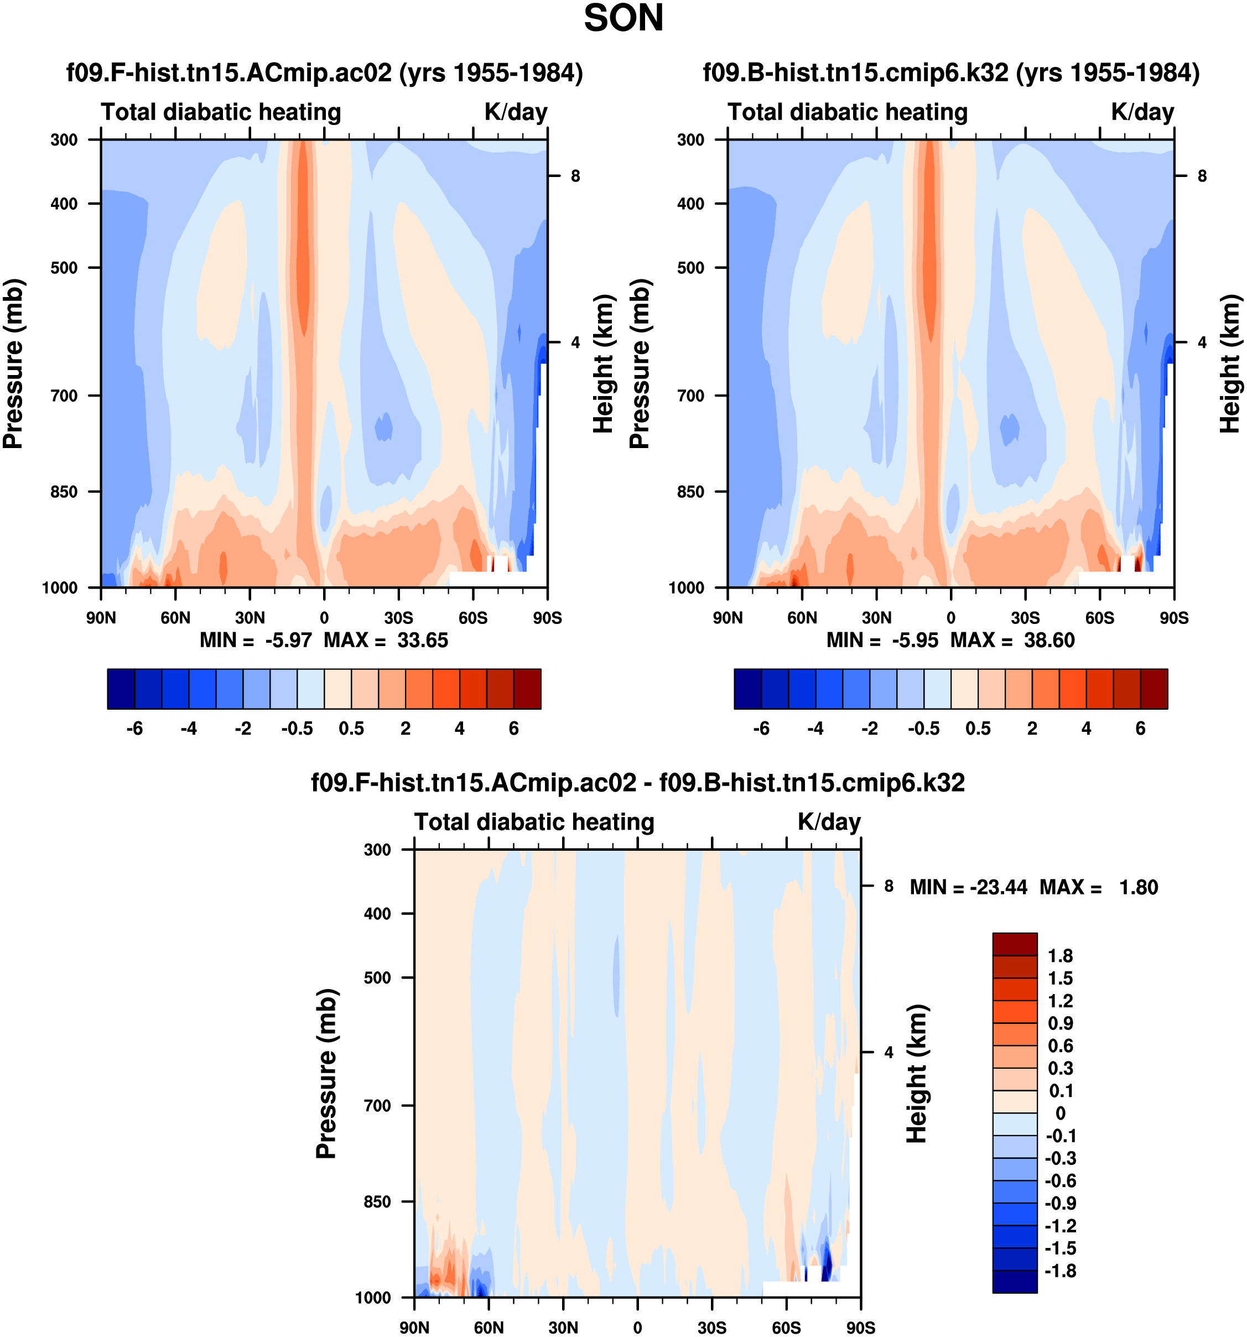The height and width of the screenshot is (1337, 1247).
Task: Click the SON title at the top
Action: [x=623, y=19]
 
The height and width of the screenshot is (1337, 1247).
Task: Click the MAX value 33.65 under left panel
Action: [x=422, y=639]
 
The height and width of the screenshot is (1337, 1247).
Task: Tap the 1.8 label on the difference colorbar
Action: [x=1060, y=956]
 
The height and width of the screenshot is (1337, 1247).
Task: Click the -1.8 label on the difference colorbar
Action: [x=1060, y=1271]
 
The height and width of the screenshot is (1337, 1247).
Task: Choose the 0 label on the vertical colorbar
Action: [x=1060, y=1113]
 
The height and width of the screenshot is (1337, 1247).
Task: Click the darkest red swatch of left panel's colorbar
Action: [x=527, y=689]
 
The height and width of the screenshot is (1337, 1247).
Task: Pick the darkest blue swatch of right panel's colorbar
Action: [x=747, y=689]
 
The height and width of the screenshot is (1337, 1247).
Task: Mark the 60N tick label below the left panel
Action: [x=175, y=617]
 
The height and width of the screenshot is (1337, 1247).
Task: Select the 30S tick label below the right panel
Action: [x=1025, y=617]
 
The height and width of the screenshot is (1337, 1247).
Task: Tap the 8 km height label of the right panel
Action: [x=1202, y=176]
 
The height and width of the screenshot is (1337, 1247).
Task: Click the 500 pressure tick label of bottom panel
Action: [x=377, y=977]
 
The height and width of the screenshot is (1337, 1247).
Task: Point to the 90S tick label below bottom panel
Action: [x=860, y=1327]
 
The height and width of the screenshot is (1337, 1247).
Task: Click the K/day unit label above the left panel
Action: [x=516, y=112]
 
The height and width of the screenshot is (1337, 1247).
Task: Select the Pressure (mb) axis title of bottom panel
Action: [x=326, y=1073]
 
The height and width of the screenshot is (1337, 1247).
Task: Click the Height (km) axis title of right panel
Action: [x=1230, y=364]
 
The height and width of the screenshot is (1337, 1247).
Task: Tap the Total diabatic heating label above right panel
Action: [x=848, y=112]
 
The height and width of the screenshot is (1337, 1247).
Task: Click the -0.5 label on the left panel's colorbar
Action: [x=297, y=729]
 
